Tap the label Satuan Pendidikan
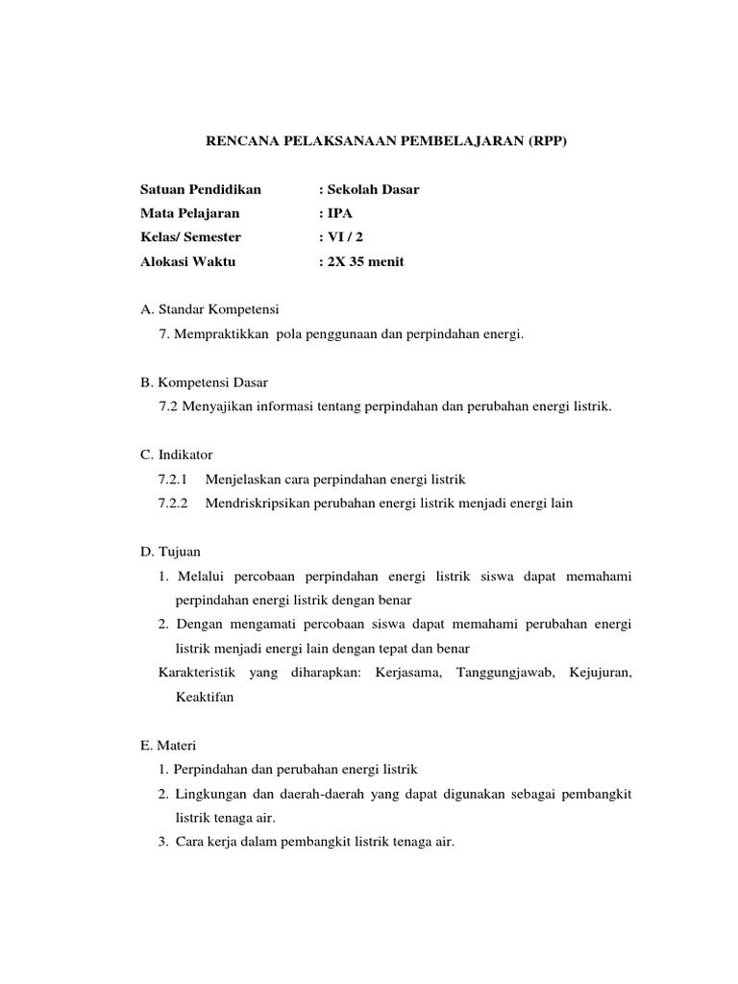pos(200,189)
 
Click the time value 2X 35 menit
pos(361,260)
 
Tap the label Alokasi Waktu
pos(187,260)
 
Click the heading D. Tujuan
pos(170,552)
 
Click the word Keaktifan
pos(205,698)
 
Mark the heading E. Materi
pos(168,746)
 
